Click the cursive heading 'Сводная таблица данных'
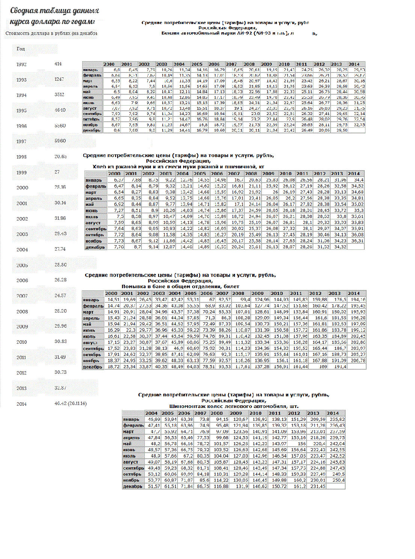[54, 11]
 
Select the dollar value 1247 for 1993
[59, 79]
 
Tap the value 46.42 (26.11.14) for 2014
[71, 403]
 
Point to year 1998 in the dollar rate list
[21, 157]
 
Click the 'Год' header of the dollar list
[21, 49]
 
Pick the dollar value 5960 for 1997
[60, 141]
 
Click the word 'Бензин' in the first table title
[170, 33]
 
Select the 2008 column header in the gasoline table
[249, 64]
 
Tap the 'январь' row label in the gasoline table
[90, 70]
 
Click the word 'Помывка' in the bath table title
[132, 286]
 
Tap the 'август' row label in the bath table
[90, 342]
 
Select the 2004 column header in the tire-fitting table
[151, 413]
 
